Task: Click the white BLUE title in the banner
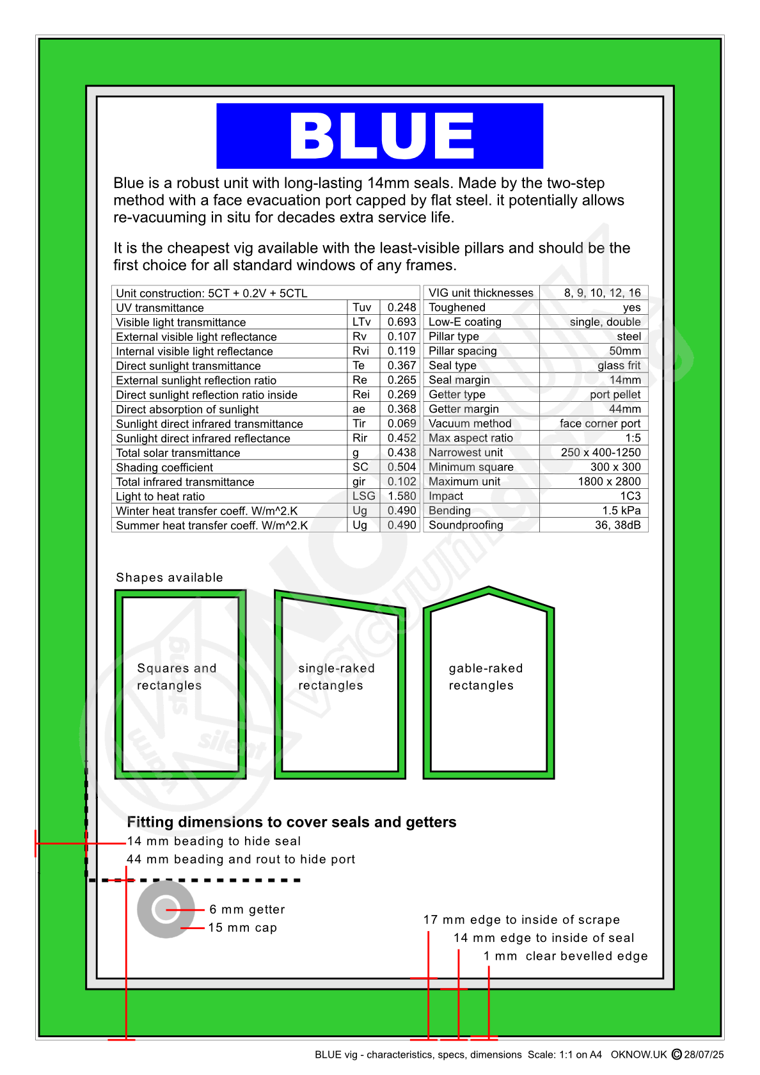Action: coord(381,136)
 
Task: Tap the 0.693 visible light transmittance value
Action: coord(402,322)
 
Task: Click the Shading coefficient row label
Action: coord(164,467)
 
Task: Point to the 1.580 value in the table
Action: coord(402,496)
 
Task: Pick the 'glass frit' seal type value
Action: coord(619,365)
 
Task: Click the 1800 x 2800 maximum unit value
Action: coord(609,481)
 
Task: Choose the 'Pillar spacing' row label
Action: coord(463,351)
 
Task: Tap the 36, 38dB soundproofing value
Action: coord(617,525)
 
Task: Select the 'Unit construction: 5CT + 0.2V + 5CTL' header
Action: coord(212,293)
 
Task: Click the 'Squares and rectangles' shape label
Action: coord(177,676)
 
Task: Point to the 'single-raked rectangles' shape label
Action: coord(336,676)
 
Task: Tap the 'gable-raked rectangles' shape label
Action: coord(486,676)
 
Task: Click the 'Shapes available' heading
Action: coord(170,577)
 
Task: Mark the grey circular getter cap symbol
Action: coord(166,909)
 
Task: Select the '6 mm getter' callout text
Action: coord(247,909)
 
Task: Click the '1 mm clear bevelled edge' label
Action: coord(566,955)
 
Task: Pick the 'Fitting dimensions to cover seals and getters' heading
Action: coord(292,822)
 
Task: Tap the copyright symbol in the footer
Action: coord(677,1054)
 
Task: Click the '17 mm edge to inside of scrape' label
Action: coord(521,920)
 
